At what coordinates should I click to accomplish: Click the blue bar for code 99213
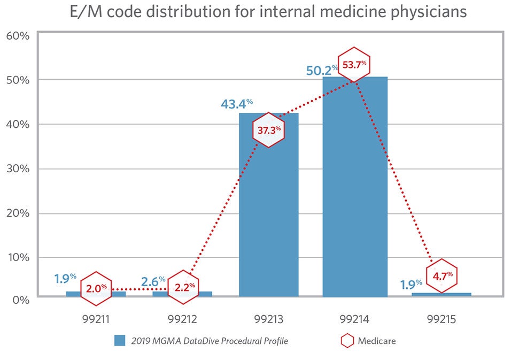(268, 214)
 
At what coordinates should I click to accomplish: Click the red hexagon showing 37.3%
(268, 129)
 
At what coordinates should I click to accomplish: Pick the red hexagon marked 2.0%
(96, 288)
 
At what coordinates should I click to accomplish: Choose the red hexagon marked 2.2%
(183, 287)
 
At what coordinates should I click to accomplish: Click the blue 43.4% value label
(237, 103)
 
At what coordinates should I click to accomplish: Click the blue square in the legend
(120, 341)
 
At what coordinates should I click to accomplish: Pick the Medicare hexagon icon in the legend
(347, 341)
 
